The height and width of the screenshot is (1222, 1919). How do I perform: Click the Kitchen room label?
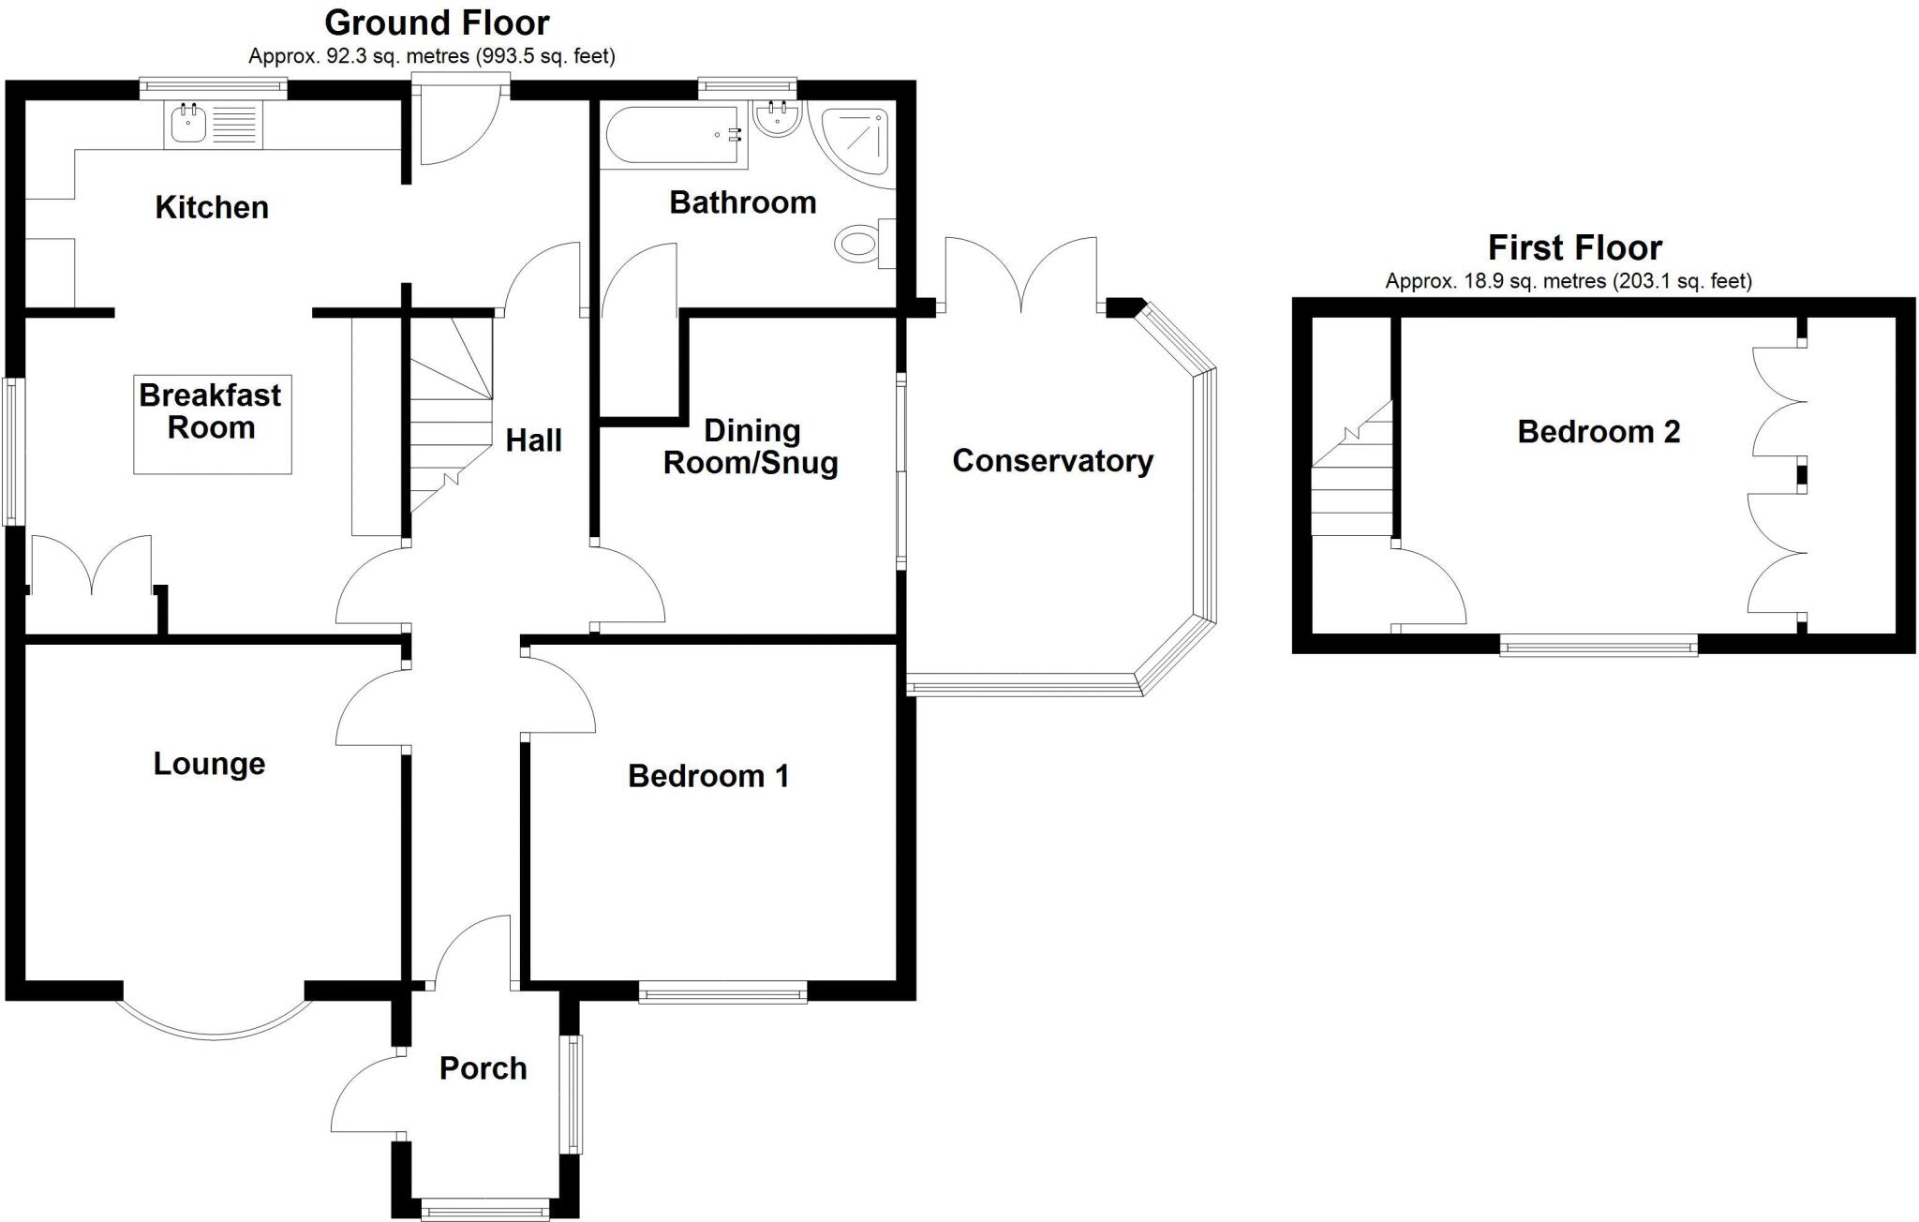pyautogui.click(x=212, y=207)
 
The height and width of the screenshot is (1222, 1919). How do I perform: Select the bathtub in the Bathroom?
pyautogui.click(x=673, y=136)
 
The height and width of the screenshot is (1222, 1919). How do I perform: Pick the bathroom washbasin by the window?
pyautogui.click(x=776, y=119)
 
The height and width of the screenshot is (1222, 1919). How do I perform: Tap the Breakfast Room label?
pyautogui.click(x=211, y=411)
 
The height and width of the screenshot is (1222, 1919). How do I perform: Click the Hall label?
pyautogui.click(x=533, y=440)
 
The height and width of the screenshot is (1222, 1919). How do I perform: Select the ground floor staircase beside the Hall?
pyautogui.click(x=451, y=412)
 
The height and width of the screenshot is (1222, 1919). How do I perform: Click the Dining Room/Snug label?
pyautogui.click(x=751, y=447)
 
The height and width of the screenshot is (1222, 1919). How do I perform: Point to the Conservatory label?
pyautogui.click(x=1052, y=461)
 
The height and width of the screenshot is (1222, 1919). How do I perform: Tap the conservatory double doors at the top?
pyautogui.click(x=1021, y=275)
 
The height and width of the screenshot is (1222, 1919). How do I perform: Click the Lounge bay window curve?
pyautogui.click(x=214, y=1027)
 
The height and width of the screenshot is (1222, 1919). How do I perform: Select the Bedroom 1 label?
pyautogui.click(x=708, y=776)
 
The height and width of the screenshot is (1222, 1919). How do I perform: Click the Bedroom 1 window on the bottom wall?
pyautogui.click(x=722, y=992)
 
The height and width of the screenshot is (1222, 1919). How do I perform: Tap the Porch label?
pyautogui.click(x=483, y=1068)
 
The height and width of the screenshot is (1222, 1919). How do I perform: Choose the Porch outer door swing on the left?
pyautogui.click(x=364, y=1095)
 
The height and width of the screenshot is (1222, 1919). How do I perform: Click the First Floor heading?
pyautogui.click(x=1574, y=248)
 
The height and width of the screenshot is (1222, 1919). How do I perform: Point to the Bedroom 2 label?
pyautogui.click(x=1599, y=432)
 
